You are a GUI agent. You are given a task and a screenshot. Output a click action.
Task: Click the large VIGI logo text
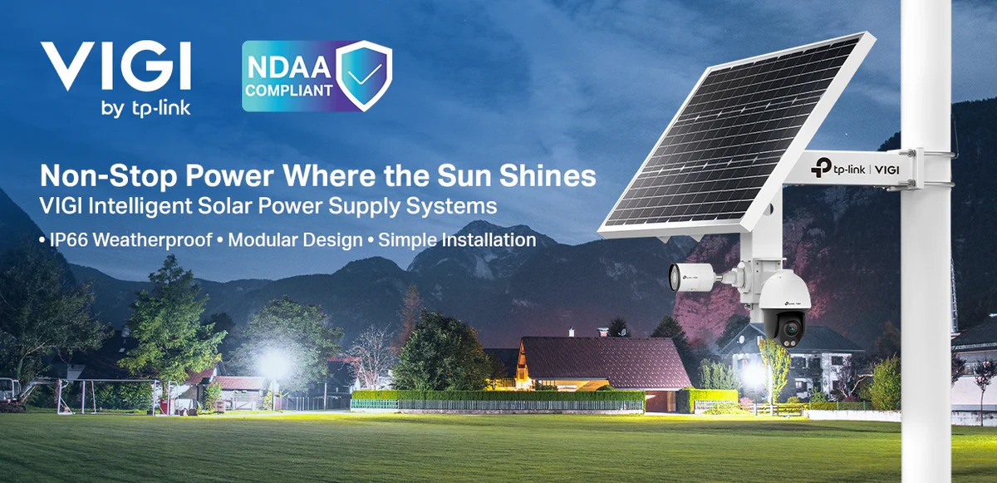115,65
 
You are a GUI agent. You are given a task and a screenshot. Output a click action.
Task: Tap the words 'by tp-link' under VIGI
146,109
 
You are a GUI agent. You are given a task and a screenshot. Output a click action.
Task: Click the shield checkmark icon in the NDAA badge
364,76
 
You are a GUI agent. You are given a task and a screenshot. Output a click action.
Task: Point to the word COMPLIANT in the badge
289,91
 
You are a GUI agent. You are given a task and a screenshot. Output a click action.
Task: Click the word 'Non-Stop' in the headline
109,176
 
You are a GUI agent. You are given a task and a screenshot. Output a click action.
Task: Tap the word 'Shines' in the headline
548,175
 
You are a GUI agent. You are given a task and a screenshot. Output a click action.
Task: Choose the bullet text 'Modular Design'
295,240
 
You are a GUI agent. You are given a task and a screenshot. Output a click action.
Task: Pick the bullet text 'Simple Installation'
457,240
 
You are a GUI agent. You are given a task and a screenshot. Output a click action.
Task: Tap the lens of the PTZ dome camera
790,329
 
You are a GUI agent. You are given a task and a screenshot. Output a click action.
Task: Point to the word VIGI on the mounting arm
887,170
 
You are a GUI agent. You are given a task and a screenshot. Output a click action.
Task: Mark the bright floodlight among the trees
275,363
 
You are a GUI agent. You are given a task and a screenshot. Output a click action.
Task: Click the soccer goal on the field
108,396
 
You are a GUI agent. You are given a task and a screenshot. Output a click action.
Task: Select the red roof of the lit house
606,361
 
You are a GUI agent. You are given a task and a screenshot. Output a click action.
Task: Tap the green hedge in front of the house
498,396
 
